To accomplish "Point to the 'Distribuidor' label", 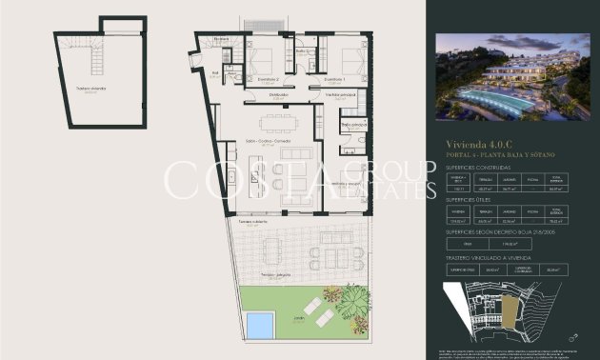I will (x=278, y=95).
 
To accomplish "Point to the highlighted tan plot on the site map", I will (x=514, y=308).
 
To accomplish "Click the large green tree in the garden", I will (x=345, y=303).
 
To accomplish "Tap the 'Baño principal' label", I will (x=352, y=125).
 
